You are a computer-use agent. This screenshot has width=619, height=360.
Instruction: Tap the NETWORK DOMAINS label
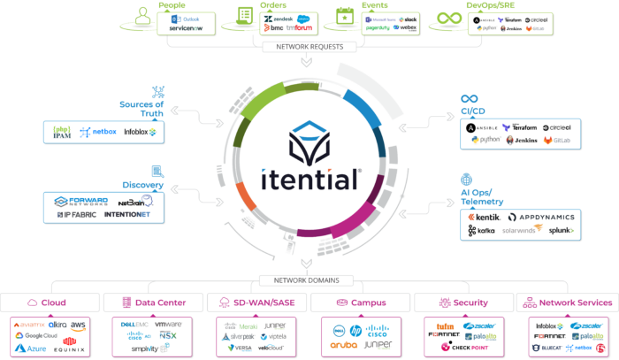tap(309, 281)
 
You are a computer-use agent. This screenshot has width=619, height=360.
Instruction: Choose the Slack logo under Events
tap(409, 18)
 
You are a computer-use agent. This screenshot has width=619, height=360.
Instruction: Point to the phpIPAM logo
tap(61, 132)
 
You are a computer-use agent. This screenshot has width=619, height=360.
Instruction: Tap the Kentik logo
tap(483, 217)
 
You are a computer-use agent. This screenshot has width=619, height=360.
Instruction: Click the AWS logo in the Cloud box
tap(79, 325)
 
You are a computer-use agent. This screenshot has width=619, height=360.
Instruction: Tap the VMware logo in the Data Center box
tap(168, 325)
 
